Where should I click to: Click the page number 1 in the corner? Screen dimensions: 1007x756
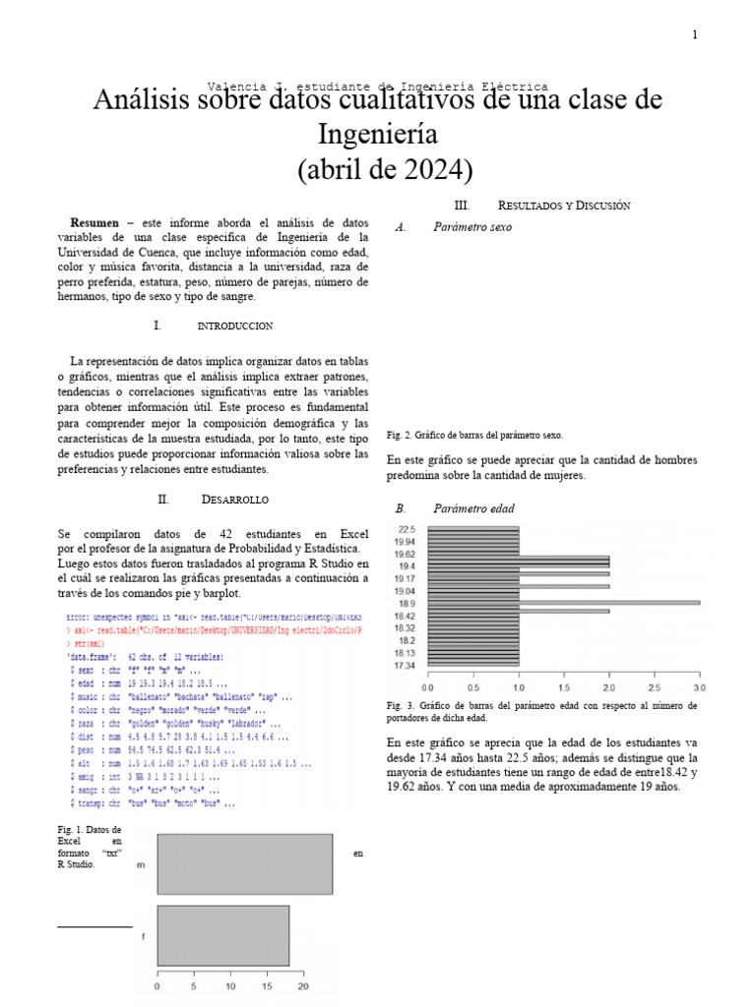click(x=694, y=35)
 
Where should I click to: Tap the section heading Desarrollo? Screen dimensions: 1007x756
click(x=234, y=500)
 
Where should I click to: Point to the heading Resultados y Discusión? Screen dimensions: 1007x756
click(x=563, y=206)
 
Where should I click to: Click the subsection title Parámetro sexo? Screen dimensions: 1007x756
click(x=472, y=227)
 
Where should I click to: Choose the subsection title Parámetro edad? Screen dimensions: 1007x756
click(x=473, y=509)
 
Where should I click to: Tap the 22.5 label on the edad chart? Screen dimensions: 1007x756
click(x=405, y=529)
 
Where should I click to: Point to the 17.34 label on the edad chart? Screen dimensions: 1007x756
click(x=404, y=666)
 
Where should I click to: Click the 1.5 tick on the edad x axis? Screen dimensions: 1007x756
click(x=563, y=687)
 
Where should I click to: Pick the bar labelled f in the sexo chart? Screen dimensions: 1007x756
click(x=222, y=935)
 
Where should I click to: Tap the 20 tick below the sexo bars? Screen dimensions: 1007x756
click(x=303, y=986)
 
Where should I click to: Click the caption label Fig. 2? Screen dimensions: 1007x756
click(x=398, y=435)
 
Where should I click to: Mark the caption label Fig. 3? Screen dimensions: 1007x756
click(x=398, y=706)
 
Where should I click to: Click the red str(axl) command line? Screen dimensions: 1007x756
click(x=89, y=644)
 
